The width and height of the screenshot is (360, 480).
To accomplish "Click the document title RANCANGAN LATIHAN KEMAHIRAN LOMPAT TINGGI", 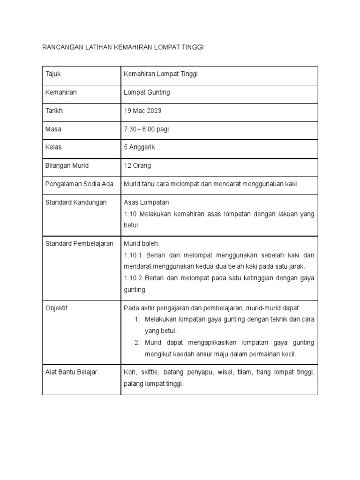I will pyautogui.click(x=124, y=47).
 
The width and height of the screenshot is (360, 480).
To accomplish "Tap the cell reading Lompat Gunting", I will pyautogui.click(x=147, y=93).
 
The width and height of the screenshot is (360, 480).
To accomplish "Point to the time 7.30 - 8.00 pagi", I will pyautogui.click(x=146, y=129).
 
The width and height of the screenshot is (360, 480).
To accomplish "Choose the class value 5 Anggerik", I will pyautogui.click(x=139, y=147).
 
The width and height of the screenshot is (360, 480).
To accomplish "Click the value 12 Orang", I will pyautogui.click(x=137, y=165).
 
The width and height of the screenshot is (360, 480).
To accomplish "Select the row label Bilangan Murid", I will pyautogui.click(x=67, y=165).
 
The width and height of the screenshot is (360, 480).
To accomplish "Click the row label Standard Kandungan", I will pyautogui.click(x=76, y=202).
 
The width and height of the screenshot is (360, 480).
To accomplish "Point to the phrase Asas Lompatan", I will pyautogui.click(x=146, y=202).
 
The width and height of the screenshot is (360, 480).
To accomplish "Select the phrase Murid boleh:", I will pyautogui.click(x=142, y=244).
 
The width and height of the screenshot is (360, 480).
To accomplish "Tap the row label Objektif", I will pyautogui.click(x=57, y=308).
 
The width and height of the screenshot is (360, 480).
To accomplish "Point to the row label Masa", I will pyautogui.click(x=53, y=129).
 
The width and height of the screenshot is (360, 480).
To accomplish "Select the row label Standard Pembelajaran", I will pyautogui.click(x=80, y=244).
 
